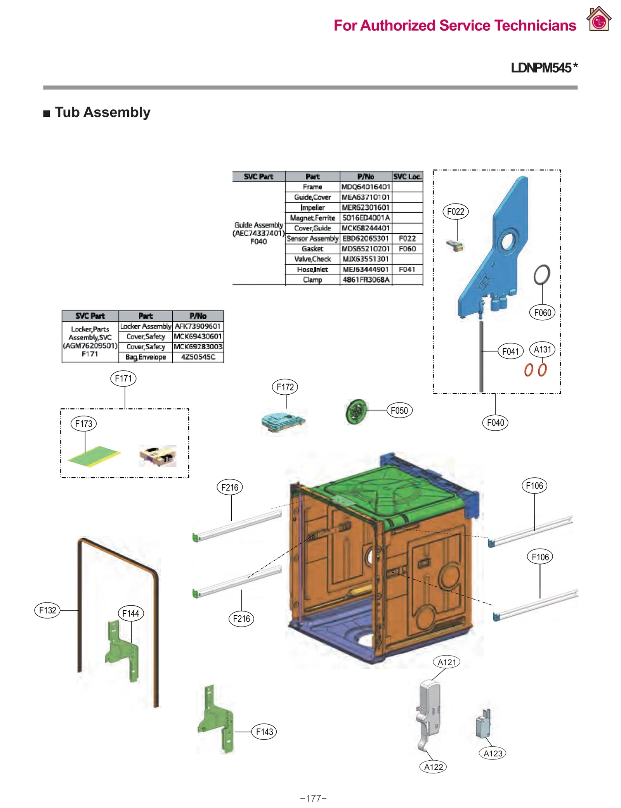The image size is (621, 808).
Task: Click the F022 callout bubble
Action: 455,212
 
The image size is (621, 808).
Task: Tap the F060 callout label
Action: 542,312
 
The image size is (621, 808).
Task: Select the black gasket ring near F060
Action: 541,275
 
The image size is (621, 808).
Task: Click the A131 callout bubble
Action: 542,349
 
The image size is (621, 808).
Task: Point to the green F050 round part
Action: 356,411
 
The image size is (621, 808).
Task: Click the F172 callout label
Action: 285,387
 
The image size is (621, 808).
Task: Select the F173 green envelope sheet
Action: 94,456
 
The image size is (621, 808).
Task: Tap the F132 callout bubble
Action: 47,610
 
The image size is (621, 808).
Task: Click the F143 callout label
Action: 264,732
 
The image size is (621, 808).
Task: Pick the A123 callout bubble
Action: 493,753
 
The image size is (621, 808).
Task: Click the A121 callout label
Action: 446,662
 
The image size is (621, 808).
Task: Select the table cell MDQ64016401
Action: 366,187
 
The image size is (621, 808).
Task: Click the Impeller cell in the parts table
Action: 312,207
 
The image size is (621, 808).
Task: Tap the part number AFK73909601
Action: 198,326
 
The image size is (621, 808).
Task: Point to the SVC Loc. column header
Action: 407,177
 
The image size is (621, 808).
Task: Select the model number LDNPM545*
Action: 544,68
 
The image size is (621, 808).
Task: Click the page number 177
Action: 313,798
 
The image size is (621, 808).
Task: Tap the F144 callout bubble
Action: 130,613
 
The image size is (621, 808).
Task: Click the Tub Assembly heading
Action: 102,112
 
